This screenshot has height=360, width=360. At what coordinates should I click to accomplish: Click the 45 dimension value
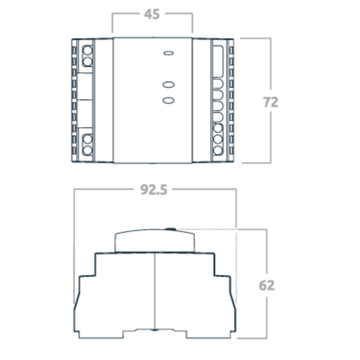point(152,14)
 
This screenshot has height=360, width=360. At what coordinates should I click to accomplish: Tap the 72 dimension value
point(270,102)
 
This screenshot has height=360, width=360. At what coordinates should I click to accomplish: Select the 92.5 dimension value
point(153,190)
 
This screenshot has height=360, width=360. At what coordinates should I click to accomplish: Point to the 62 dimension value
point(266,285)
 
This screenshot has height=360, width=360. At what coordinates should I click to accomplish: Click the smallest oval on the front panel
point(168,53)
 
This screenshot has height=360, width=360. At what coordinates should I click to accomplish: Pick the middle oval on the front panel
point(168,84)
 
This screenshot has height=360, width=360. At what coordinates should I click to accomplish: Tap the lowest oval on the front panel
point(168,100)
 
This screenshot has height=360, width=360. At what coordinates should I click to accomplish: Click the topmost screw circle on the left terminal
point(87,50)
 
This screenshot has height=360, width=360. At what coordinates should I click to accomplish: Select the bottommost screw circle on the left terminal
point(87,150)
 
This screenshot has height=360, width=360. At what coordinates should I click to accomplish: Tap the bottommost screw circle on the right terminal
point(218,150)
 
